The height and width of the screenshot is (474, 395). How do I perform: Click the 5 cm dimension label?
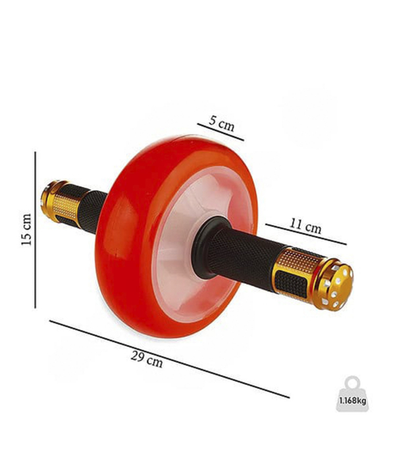click(221, 123)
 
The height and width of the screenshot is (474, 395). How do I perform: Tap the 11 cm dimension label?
click(305, 226)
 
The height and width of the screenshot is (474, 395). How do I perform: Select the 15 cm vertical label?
click(26, 229)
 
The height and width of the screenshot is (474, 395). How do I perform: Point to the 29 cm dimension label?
click(147, 359)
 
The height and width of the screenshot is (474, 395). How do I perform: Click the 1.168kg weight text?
click(352, 401)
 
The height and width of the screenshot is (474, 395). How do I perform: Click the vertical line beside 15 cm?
click(36, 230)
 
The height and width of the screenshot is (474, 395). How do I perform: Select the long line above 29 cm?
click(169, 359)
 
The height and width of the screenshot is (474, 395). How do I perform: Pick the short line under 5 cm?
click(221, 132)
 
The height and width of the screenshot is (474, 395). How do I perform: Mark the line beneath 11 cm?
click(306, 234)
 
